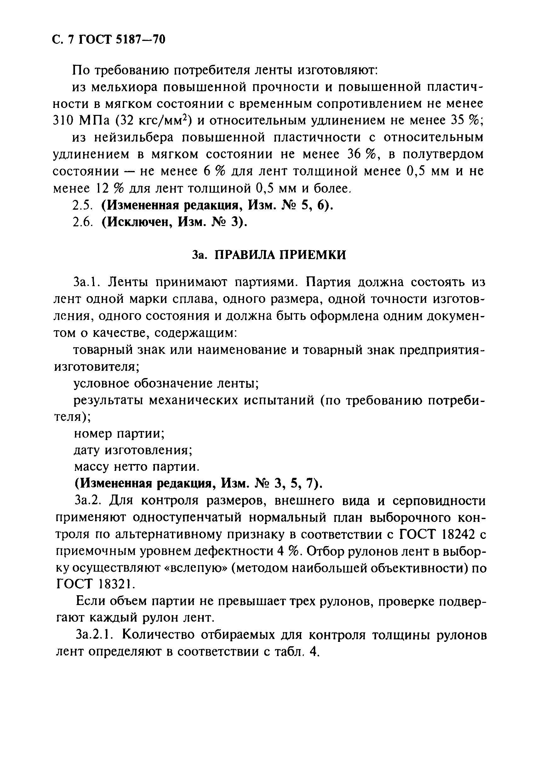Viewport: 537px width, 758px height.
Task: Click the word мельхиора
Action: coord(125,87)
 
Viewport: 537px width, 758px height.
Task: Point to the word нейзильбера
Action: coord(133,138)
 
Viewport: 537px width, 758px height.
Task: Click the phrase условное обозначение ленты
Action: coord(165,383)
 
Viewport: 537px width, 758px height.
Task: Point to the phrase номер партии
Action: coord(119,433)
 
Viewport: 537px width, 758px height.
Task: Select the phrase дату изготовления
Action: coord(133,450)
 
